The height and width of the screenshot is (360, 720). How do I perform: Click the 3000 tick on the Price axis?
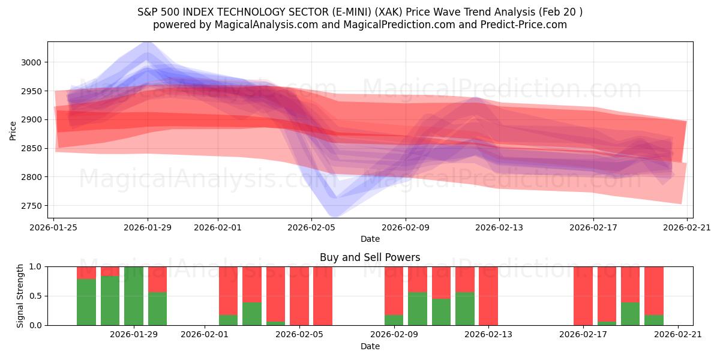31,62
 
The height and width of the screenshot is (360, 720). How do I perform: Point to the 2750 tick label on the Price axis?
31,206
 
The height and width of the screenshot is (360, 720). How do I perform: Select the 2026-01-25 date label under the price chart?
54,227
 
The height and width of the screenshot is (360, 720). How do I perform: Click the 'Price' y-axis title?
13,130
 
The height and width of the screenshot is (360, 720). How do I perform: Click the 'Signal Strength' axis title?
20,296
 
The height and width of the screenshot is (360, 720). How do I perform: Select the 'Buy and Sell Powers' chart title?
370,257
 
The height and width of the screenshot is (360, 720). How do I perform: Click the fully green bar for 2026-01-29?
134,296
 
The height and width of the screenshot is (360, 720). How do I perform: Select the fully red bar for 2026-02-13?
488,296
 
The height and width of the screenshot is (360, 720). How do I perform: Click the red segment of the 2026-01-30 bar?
157,279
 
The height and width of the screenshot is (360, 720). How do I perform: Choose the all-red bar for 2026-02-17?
583,296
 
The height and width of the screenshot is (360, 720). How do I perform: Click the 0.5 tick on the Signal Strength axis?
35,296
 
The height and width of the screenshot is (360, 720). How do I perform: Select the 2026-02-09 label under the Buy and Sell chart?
394,334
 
